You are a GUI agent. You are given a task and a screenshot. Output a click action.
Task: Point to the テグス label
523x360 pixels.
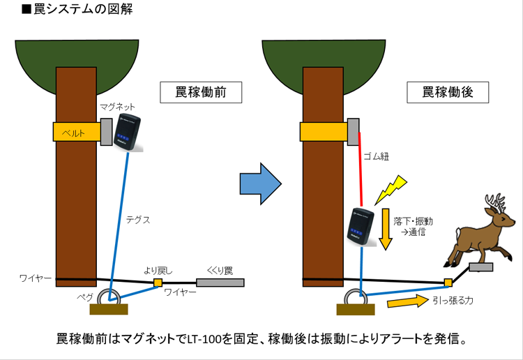(138, 219)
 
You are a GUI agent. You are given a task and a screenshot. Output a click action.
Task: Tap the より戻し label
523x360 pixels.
(158, 269)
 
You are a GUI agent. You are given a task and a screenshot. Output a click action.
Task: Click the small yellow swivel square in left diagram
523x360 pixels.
(158, 283)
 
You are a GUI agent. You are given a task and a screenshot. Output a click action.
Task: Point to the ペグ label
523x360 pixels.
(86, 297)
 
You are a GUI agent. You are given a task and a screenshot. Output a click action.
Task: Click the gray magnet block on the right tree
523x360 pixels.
(354, 130)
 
